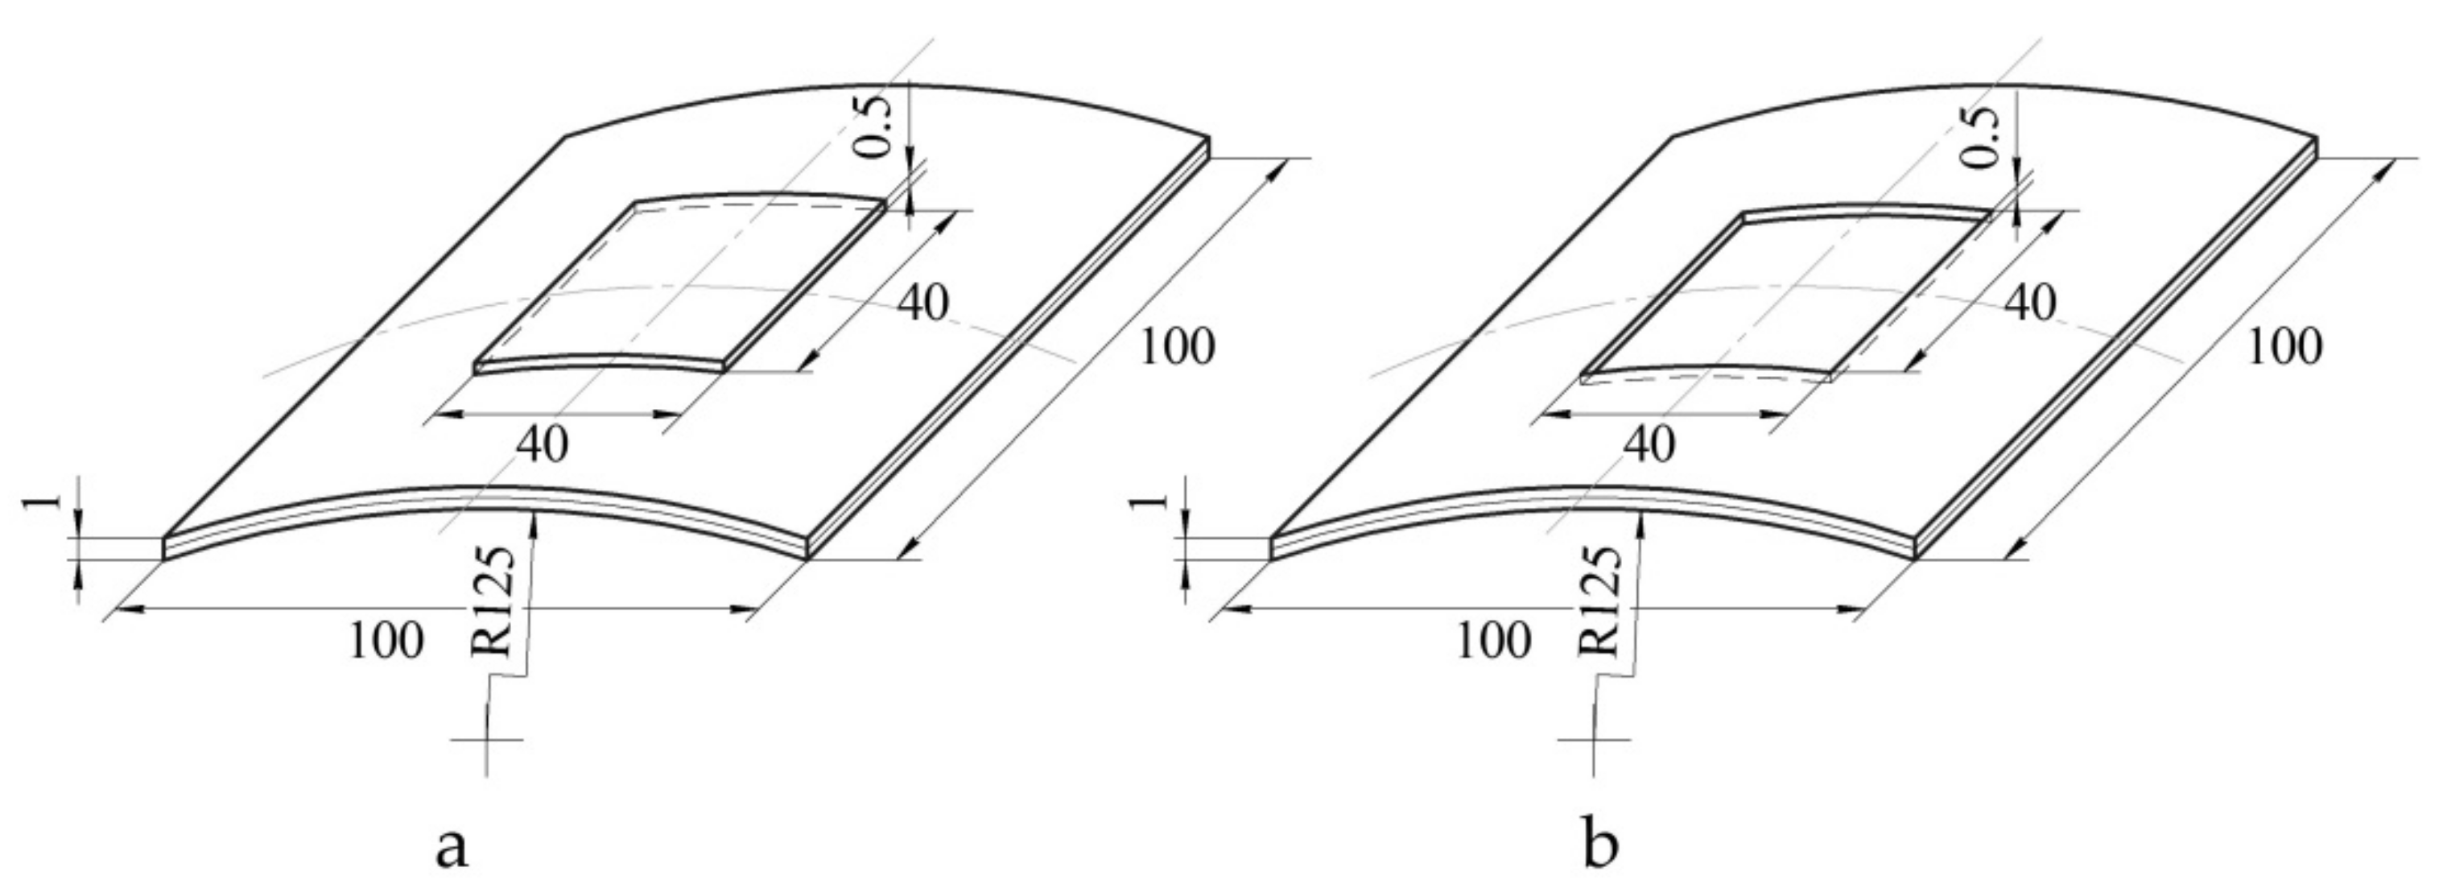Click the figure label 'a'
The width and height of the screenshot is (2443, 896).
coord(452,848)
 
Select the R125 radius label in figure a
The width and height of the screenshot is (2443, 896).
coord(495,602)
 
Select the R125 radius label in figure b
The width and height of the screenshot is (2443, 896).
coord(1602,602)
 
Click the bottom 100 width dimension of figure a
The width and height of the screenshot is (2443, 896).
coord(386,642)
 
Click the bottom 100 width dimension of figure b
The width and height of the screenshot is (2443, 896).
coord(1492,642)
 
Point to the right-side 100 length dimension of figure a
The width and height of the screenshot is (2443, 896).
coord(1176,347)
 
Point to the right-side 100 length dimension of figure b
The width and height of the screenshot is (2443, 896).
coord(2284,347)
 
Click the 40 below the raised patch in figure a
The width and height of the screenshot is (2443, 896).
coord(543,444)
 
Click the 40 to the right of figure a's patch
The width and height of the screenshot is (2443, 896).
coord(922,303)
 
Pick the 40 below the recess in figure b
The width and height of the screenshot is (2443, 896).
coord(1649,444)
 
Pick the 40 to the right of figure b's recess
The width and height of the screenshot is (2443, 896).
coord(2030,303)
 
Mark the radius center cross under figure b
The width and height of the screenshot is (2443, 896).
coord(1595,740)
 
